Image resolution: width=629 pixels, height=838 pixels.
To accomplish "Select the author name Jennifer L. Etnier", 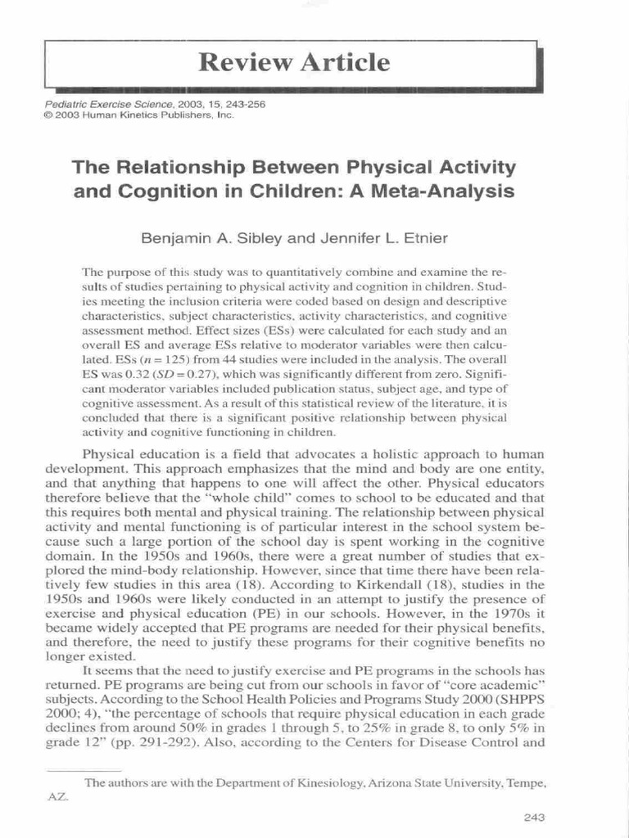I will coord(376,240).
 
